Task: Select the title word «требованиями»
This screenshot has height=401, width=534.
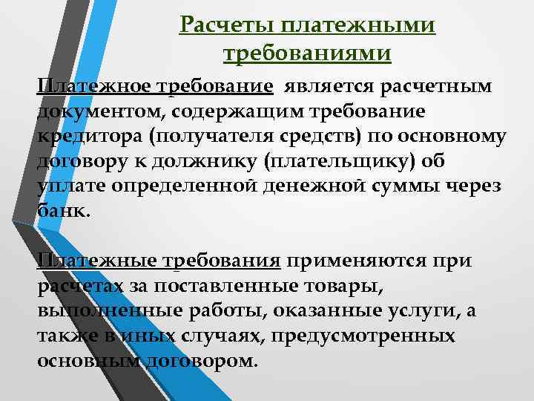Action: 307,54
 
